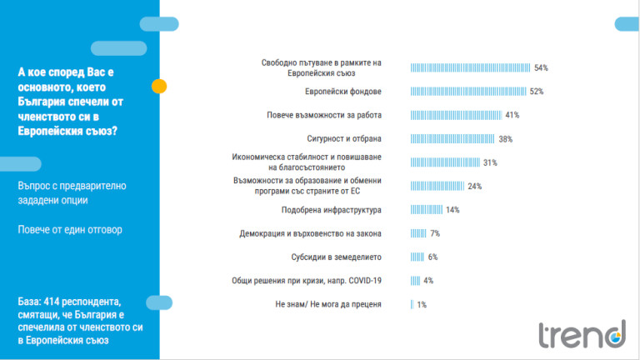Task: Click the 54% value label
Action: pyautogui.click(x=542, y=68)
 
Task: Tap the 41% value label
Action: pyautogui.click(x=512, y=115)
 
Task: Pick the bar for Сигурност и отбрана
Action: pyautogui.click(x=453, y=139)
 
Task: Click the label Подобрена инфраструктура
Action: pyautogui.click(x=331, y=210)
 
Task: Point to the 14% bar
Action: pyautogui.click(x=427, y=210)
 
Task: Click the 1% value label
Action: pyautogui.click(x=422, y=304)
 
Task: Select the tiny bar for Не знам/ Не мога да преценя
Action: pyautogui.click(x=412, y=304)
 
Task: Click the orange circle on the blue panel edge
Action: pyautogui.click(x=159, y=86)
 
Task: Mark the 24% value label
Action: pyautogui.click(x=475, y=187)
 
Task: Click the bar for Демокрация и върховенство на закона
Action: pyautogui.click(x=418, y=233)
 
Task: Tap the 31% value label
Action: pyautogui.click(x=490, y=162)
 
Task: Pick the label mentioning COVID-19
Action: pyautogui.click(x=307, y=281)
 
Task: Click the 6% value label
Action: pyautogui.click(x=432, y=257)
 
